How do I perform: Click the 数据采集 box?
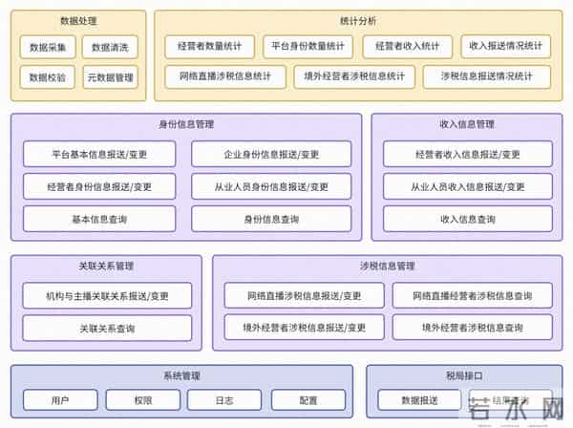[48, 47]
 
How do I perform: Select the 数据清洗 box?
[110, 47]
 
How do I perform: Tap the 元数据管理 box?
[110, 77]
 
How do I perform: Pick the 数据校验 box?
[48, 77]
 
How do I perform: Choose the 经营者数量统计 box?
[209, 46]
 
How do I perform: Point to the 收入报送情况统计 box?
[506, 46]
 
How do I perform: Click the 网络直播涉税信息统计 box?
[225, 76]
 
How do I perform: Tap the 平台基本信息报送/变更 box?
[100, 154]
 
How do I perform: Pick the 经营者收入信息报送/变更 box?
[468, 154]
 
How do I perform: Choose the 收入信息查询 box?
[468, 219]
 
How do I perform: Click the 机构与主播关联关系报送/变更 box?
[107, 296]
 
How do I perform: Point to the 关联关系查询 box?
[107, 328]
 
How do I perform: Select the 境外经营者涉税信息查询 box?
[477, 328]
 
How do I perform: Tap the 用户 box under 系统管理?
[60, 400]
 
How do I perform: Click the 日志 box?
[224, 400]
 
